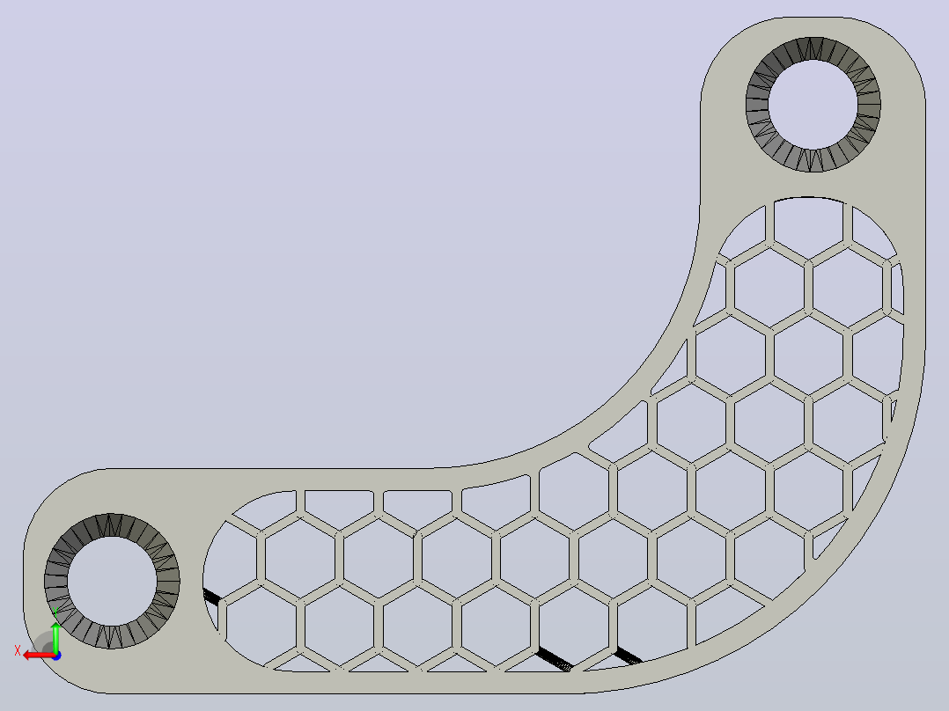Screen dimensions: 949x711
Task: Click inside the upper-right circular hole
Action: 813,105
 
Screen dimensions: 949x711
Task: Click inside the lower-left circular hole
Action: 112,581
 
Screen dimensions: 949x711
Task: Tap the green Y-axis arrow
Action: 55,636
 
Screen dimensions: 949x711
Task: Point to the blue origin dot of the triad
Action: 56,656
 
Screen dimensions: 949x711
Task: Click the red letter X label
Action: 18,651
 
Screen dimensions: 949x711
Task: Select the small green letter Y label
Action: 55,612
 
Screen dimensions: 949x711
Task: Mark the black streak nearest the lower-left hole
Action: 212,596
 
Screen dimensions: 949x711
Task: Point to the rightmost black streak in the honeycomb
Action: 629,656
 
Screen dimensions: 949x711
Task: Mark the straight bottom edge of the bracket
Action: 339,693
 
